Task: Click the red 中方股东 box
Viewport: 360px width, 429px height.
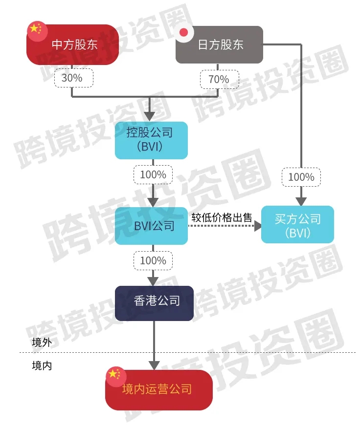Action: [73, 45]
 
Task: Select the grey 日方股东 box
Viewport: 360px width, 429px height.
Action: [220, 45]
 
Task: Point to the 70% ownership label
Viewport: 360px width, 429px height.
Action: [220, 79]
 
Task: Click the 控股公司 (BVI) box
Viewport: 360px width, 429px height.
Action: [151, 140]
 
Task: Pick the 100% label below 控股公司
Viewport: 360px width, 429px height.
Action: [153, 175]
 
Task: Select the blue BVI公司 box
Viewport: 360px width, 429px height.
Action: [151, 226]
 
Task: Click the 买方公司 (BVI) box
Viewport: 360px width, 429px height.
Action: [297, 225]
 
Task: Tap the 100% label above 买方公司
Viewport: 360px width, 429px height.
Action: [301, 177]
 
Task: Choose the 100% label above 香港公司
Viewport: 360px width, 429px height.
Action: [153, 260]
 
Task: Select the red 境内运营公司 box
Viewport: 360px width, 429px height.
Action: [158, 389]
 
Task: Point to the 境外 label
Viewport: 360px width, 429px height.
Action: [42, 342]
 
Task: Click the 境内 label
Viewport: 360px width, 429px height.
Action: [42, 365]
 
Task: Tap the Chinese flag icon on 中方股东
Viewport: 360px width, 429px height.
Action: [34, 29]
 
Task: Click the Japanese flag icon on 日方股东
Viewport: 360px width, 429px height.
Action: [184, 33]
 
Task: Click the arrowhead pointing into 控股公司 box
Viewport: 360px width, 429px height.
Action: [150, 116]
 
